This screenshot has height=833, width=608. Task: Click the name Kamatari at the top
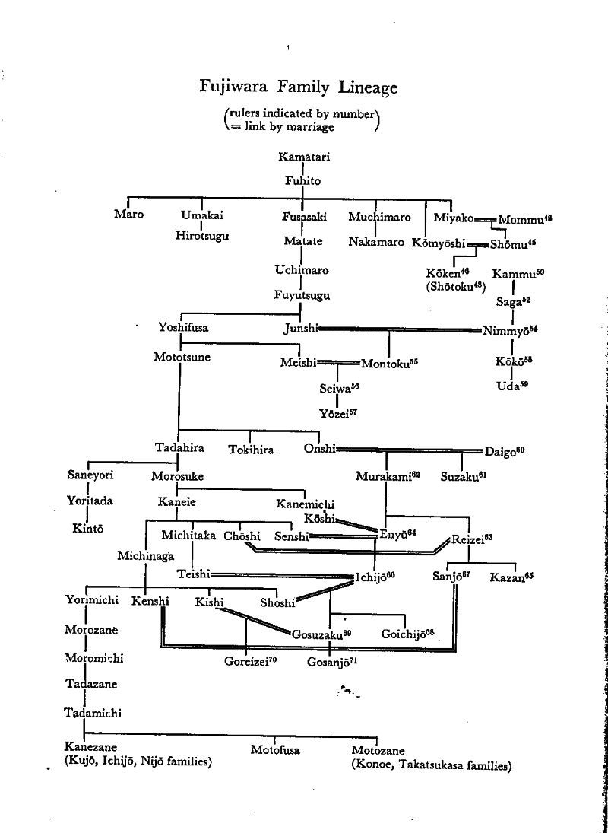pos(303,157)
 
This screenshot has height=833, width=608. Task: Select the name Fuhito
pos(302,181)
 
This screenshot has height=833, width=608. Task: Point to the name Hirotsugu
pos(201,235)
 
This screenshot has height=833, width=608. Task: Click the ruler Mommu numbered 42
pos(524,219)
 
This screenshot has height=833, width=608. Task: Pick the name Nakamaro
pos(376,242)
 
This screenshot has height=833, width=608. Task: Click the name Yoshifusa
pos(183,328)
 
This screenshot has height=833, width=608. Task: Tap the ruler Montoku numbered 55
pos(388,363)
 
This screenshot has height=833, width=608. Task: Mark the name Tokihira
pos(251,450)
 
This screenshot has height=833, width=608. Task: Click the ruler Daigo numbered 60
pos(504,450)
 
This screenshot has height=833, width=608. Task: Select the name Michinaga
pos(146,556)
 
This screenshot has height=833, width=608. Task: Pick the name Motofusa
pos(275,750)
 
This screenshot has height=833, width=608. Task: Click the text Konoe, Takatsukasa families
pos(431,765)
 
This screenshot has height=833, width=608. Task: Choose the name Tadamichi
pos(93,713)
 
